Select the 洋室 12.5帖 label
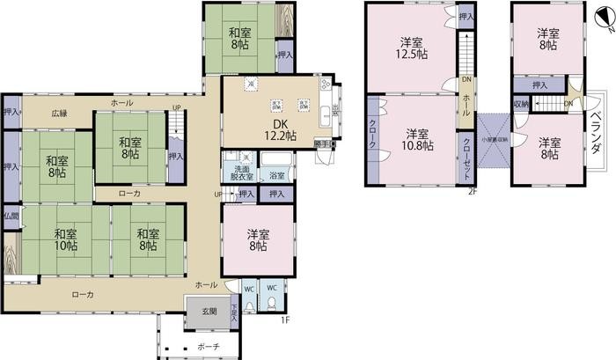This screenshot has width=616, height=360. point(410,48)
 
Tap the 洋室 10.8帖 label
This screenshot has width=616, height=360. point(416,141)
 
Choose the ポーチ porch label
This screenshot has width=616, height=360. point(209,347)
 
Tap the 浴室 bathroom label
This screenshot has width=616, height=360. point(275,174)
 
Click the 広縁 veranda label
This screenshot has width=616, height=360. point(59,114)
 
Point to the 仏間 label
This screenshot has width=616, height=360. point(9,216)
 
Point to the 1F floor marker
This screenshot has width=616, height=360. point(285,320)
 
